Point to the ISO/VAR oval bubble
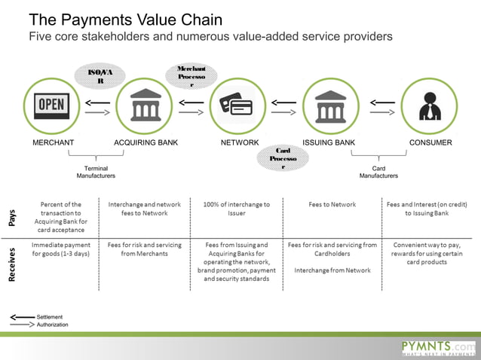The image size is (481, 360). coord(100,76)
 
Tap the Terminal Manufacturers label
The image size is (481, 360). coord(96,172)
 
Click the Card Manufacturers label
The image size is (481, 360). coord(378,172)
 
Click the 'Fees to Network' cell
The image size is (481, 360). coord(332,204)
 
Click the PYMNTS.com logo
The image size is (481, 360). coord(439,346)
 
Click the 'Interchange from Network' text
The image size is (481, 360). coord(332,270)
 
